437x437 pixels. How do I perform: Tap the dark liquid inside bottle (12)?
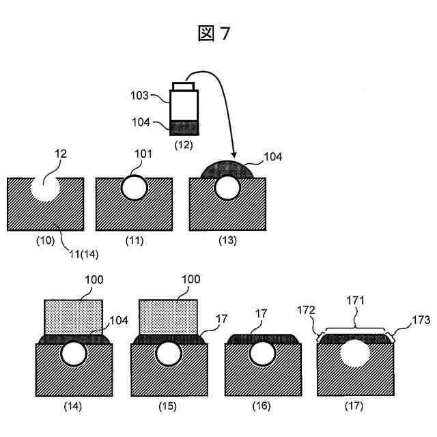coord(183,128)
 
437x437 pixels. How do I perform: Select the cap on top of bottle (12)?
coord(184,86)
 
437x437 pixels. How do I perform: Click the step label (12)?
coord(184,145)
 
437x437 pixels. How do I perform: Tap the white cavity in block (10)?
coord(44,186)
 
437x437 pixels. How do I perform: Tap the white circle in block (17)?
coord(355,356)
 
